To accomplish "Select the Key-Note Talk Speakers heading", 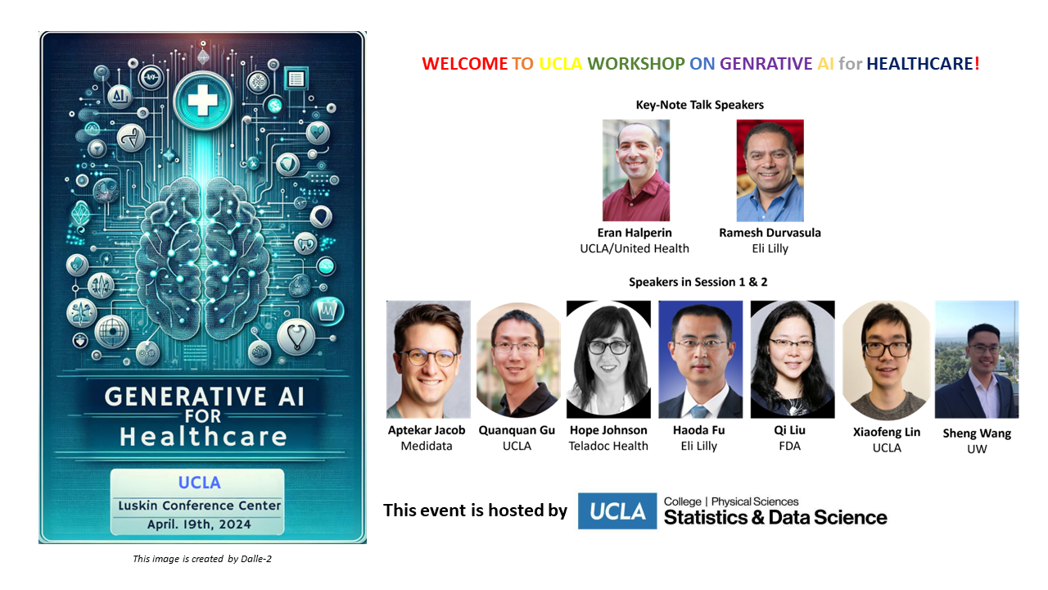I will tap(699, 105).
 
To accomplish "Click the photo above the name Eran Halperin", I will tap(636, 170).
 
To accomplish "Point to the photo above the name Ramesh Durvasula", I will tap(770, 170).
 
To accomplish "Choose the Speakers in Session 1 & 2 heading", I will tap(698, 282).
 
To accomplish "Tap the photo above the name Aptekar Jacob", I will tap(428, 359).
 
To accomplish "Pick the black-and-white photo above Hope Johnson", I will tap(608, 359).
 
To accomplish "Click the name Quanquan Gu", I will tap(517, 430).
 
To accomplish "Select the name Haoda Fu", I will tap(699, 430).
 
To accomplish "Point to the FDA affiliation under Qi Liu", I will tap(791, 446).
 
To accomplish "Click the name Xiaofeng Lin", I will tap(887, 432).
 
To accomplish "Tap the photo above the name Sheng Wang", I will tap(977, 359).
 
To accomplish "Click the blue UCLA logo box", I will tap(617, 511).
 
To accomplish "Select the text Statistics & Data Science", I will tap(775, 517).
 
